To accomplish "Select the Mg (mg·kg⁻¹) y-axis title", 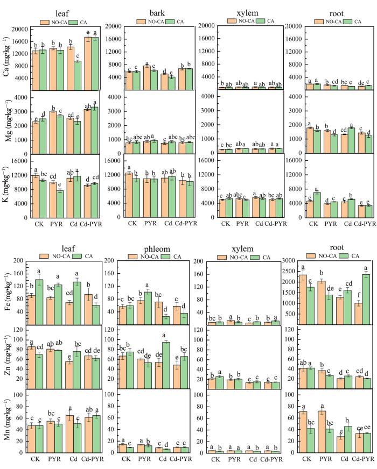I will tap(6, 121).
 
